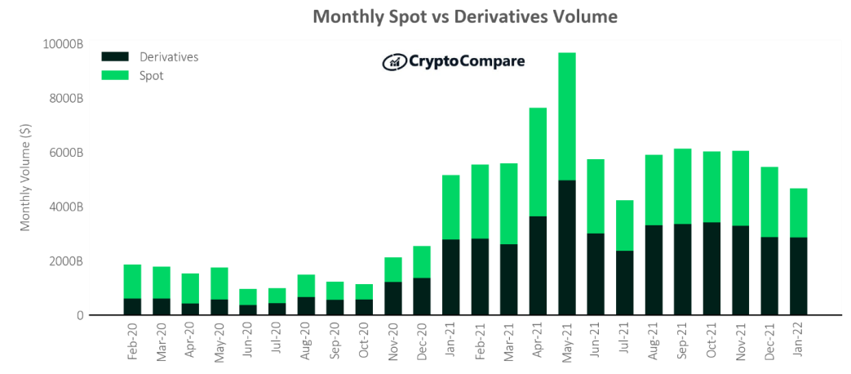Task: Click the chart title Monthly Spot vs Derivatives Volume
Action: [x=465, y=17]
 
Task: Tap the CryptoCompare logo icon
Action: [x=394, y=61]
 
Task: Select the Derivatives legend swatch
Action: [x=115, y=57]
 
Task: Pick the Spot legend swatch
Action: [x=115, y=75]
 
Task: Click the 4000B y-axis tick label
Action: [x=66, y=207]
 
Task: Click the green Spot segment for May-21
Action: [x=566, y=116]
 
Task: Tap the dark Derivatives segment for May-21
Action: [x=566, y=247]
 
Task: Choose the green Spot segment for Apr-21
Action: [x=538, y=162]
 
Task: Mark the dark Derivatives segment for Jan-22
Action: [x=799, y=276]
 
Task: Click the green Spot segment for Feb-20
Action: [x=132, y=282]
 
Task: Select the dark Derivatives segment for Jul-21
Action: [x=624, y=282]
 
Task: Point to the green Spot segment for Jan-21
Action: [x=450, y=207]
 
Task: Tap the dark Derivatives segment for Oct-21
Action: [x=711, y=268]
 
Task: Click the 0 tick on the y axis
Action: [x=79, y=315]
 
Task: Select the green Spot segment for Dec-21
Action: [x=769, y=202]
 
